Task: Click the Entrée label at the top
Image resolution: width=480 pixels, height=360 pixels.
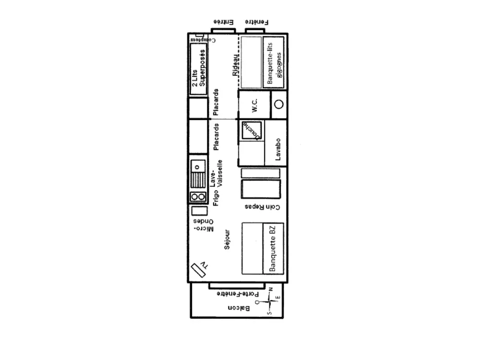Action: coord(223,22)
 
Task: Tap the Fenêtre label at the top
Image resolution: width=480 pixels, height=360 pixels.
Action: coord(257,22)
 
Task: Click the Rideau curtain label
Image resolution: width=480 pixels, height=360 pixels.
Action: coord(235,65)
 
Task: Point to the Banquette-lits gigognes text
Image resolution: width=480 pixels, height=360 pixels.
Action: coord(275,62)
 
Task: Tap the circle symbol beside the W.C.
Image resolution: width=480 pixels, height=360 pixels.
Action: coord(279,104)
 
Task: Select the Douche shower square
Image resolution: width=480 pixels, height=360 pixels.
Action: coord(252,130)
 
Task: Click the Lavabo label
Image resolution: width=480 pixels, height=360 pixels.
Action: coord(277,148)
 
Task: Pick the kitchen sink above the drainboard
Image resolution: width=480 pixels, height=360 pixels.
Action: coord(197,166)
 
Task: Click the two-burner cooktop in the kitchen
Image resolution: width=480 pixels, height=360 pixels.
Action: coord(197,196)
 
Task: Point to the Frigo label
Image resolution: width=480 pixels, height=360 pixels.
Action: coord(216,197)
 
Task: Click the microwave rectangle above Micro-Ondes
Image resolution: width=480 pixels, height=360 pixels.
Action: coord(197,210)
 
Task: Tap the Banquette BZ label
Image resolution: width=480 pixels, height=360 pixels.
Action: coord(274,248)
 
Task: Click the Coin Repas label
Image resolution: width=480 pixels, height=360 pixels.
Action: coord(262,207)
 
